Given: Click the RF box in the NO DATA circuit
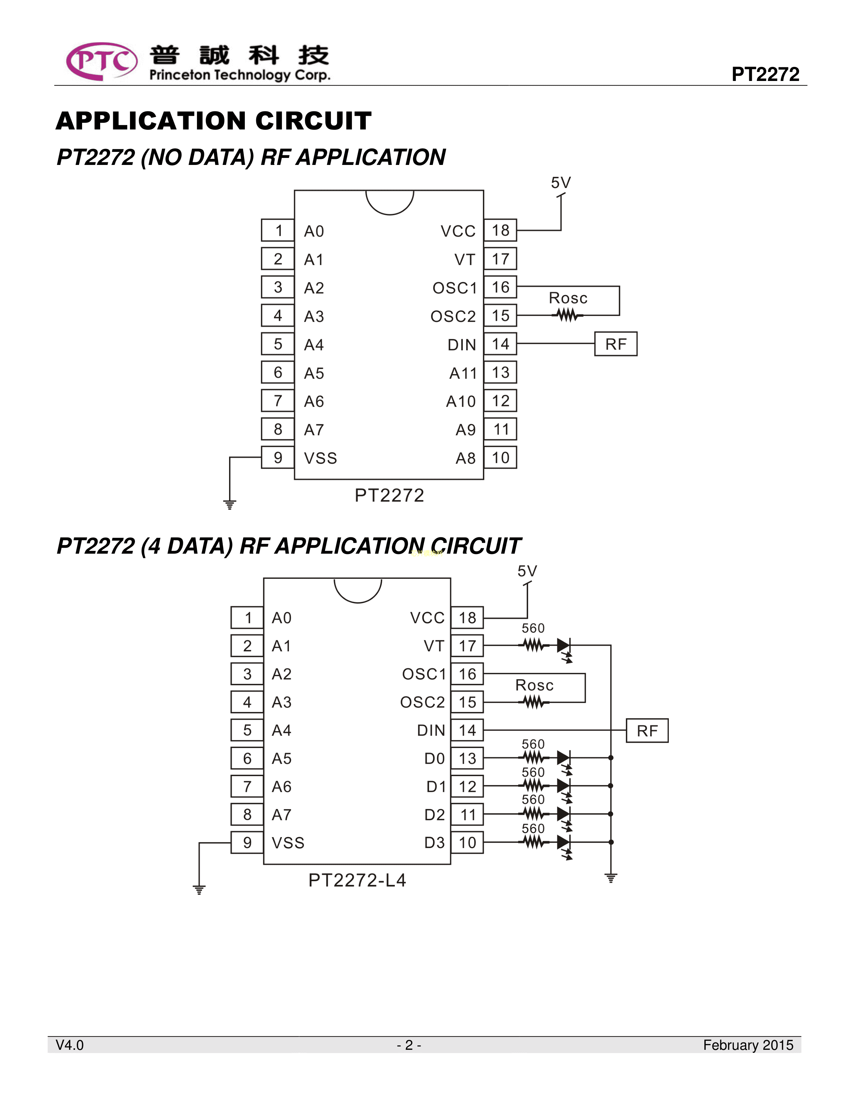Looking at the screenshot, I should [x=615, y=344].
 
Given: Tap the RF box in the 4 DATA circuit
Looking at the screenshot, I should [x=647, y=730].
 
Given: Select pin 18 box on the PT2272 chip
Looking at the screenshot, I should [x=500, y=231].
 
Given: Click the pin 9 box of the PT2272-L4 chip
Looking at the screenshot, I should [x=247, y=843].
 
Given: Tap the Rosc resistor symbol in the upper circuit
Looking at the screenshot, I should [x=567, y=316].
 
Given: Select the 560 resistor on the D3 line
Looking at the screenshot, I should [x=533, y=842].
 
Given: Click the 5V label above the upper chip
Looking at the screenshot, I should [x=561, y=182].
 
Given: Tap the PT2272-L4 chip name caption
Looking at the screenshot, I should [x=357, y=881].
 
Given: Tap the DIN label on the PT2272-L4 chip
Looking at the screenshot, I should [x=431, y=730].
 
